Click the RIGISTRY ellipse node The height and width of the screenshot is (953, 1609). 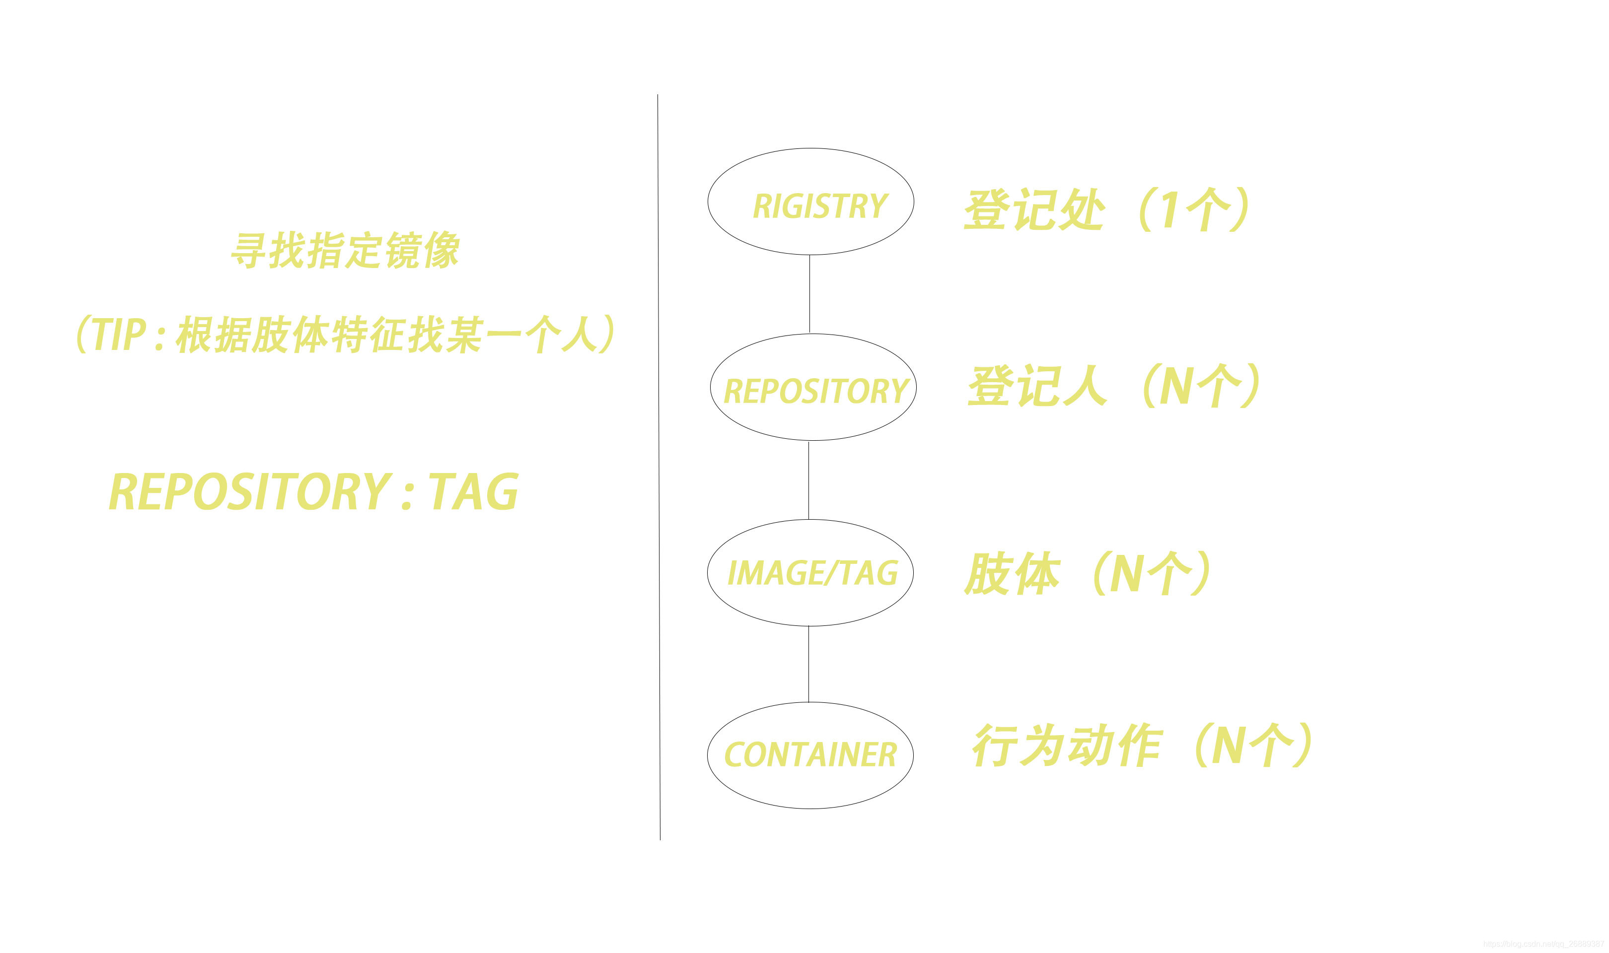[810, 202]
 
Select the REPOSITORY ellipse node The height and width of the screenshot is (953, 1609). [813, 387]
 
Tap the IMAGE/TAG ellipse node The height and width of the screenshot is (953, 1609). [810, 573]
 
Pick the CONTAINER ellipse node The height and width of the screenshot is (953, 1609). [810, 755]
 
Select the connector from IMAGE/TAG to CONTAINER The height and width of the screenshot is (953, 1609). [808, 664]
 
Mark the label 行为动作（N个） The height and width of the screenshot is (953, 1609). [1141, 745]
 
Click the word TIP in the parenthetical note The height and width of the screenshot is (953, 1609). [119, 335]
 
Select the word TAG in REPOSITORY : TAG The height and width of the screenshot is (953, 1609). [474, 492]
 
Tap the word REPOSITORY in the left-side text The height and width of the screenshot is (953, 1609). [250, 492]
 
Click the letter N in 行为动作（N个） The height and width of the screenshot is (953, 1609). [1229, 745]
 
